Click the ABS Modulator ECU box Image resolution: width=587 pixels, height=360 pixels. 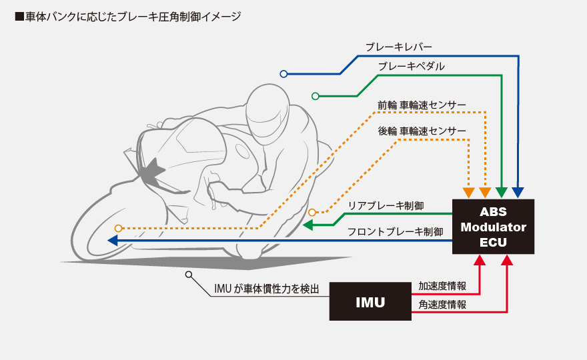(x=494, y=226)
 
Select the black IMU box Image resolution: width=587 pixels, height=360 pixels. (x=370, y=301)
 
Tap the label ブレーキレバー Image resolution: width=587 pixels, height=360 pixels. (x=398, y=47)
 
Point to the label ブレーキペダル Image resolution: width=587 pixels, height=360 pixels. (x=411, y=66)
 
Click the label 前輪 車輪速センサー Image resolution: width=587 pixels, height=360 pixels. (x=422, y=105)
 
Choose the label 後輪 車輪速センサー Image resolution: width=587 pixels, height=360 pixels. (x=422, y=131)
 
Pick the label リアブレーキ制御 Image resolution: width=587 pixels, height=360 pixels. (x=386, y=206)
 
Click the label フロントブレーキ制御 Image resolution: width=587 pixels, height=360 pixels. (x=395, y=232)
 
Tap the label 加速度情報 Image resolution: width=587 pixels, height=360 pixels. (x=442, y=286)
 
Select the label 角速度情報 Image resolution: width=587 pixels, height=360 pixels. (x=442, y=304)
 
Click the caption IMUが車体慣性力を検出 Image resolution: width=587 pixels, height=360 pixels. (x=267, y=289)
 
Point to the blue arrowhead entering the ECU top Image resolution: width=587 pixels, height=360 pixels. (x=518, y=192)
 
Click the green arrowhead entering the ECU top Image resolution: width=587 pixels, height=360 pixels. (x=502, y=192)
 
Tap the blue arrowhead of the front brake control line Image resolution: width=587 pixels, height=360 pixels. (x=113, y=240)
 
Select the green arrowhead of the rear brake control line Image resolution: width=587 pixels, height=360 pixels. (x=308, y=225)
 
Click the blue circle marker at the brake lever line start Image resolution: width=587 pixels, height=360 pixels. (x=283, y=73)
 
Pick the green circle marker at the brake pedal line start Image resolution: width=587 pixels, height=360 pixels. (x=316, y=96)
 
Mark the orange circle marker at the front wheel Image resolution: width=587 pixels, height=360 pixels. (x=118, y=228)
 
